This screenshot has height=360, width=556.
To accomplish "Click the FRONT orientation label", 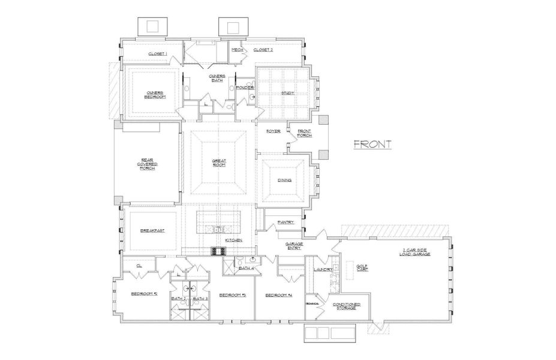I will (x=372, y=144).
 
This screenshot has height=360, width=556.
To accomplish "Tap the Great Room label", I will (x=218, y=162).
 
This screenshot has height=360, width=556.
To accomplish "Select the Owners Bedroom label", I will (x=154, y=94).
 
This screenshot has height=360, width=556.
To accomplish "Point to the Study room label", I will (x=288, y=93).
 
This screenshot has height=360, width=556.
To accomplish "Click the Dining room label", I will (x=284, y=180).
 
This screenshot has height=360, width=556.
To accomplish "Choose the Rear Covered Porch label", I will (x=148, y=164).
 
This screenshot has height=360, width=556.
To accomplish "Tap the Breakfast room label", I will (x=152, y=230).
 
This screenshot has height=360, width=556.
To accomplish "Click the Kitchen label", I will (x=233, y=239).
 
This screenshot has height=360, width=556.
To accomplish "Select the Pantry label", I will (x=285, y=222).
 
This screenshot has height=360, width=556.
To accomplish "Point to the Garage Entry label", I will (x=293, y=246).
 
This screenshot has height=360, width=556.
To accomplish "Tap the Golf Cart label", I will (x=362, y=268).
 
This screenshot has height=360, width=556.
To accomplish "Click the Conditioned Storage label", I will (x=346, y=306).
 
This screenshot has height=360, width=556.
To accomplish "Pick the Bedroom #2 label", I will (x=144, y=294).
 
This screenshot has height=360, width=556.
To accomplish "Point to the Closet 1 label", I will (x=158, y=54).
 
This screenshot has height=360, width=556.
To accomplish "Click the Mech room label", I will (x=237, y=50).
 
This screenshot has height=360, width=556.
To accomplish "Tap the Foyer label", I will (x=274, y=131).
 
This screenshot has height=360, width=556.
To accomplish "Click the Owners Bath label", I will (x=217, y=78).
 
